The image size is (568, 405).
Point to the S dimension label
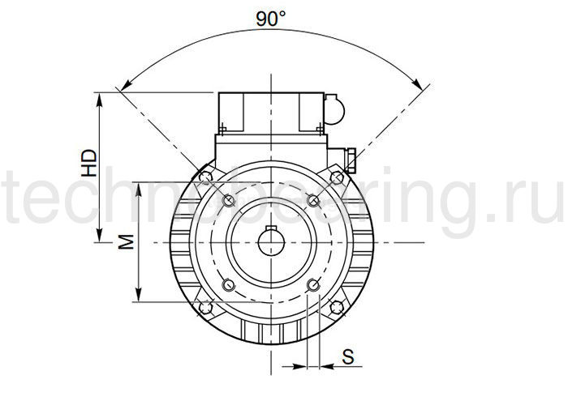point(347,356)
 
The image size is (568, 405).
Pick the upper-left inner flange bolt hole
point(228,200)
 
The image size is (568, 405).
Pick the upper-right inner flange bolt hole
point(312,200)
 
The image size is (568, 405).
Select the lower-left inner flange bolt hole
point(228,284)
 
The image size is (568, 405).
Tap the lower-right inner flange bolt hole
point(312,284)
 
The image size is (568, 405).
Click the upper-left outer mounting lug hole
point(205,176)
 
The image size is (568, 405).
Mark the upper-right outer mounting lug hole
point(335,176)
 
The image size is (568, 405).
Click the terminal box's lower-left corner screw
point(221,127)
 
